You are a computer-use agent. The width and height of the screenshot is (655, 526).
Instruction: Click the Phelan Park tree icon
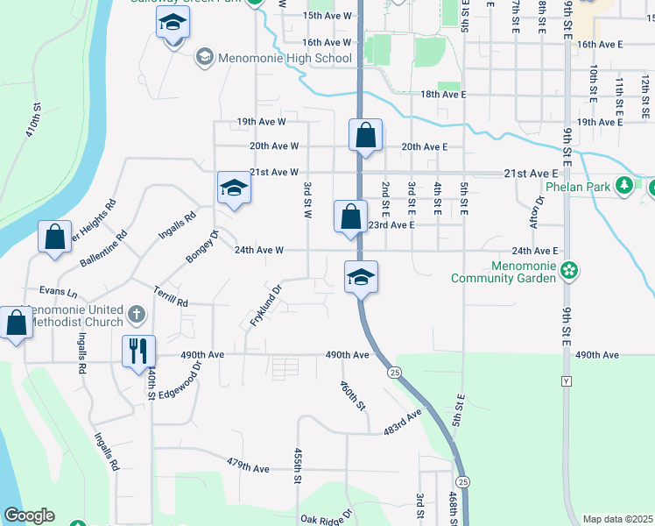pos(624,185)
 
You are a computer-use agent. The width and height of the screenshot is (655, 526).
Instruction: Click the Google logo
pos(30,515)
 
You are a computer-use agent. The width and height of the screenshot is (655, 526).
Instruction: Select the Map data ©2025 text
pos(617,519)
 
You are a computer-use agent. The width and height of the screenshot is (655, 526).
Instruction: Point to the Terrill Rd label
pos(171,296)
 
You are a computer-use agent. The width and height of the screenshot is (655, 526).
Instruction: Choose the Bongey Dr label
pos(201,245)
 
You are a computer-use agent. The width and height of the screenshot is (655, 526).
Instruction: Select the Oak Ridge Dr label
pos(325,517)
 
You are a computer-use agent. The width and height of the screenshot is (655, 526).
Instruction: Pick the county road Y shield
pos(566,382)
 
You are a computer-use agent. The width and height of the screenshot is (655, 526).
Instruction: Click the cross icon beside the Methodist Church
pos(136,313)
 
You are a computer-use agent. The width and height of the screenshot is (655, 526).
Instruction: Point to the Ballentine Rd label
pos(104,249)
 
